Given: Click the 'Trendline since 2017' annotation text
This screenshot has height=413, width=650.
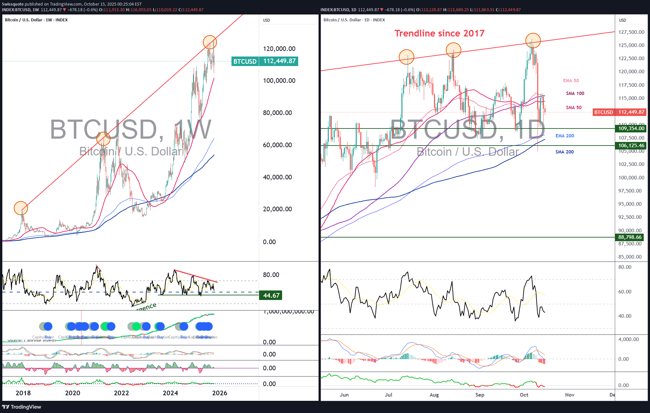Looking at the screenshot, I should coord(439,33).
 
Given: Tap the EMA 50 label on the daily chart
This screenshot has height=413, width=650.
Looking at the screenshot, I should coord(571,80).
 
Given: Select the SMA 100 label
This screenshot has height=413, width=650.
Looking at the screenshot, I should coord(575,93).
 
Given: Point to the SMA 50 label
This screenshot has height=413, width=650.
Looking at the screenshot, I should coord(573,107).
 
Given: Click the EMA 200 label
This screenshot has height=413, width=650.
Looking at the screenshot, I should coord(565,136).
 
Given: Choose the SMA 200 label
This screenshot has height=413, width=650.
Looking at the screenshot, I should coord(564,152).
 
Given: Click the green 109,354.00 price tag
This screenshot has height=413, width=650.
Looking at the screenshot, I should coord(631,128).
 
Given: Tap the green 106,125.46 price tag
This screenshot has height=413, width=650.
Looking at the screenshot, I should coord(631,146).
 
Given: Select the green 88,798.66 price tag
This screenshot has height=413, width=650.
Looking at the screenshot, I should coord(630,237).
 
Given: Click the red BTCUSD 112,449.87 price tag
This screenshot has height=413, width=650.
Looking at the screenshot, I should coord(619,112).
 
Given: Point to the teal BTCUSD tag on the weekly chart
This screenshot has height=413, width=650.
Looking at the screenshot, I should coord(245,61).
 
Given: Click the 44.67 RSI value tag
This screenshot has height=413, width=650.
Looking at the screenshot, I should coord(271,295).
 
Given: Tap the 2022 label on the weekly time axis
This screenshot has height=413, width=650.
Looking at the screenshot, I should coord(121,393).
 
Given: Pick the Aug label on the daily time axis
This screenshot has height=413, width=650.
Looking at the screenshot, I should coord(434,395).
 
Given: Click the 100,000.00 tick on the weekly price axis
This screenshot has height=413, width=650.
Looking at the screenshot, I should coord(279,80).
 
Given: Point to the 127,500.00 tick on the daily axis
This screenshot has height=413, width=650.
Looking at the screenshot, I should coord(631,32).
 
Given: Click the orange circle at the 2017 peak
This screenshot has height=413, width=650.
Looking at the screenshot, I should coord(21,208).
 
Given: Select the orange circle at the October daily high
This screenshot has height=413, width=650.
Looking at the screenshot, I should coord(533,40).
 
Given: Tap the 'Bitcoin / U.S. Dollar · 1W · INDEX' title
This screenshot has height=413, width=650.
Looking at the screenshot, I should coord(36,20).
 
